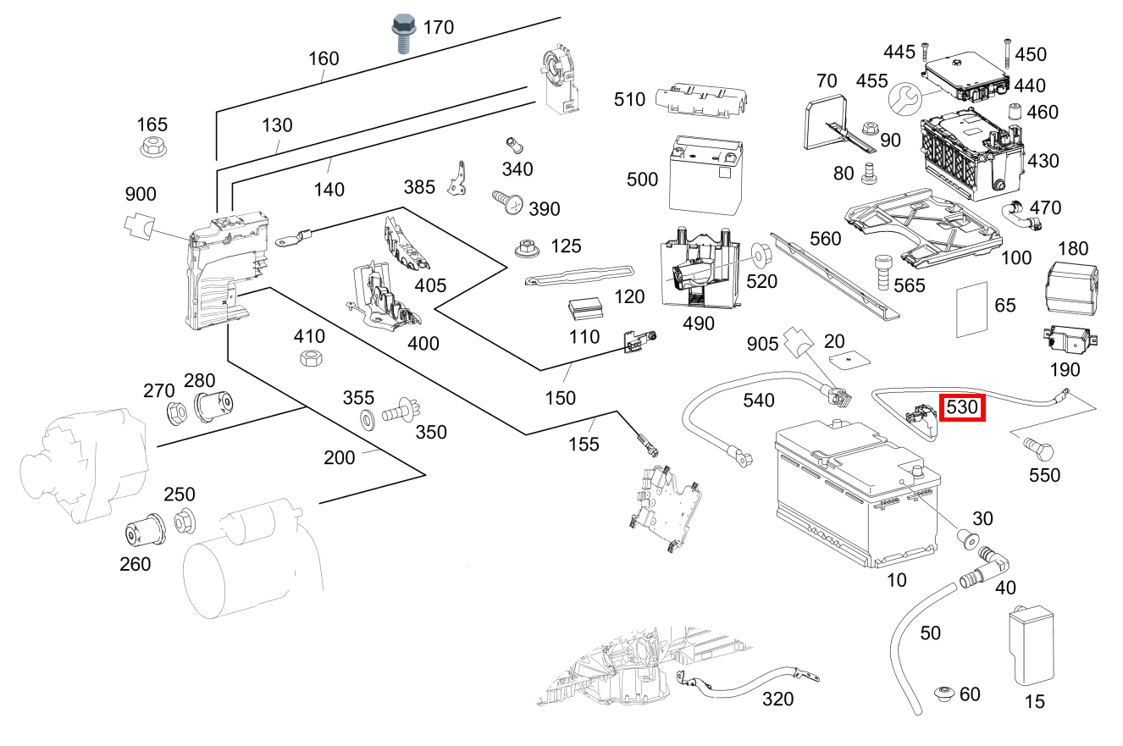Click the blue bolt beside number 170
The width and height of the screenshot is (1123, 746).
404,33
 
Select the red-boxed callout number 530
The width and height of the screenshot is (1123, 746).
961,407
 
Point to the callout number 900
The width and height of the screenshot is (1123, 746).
141,194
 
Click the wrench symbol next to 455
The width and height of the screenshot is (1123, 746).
904,99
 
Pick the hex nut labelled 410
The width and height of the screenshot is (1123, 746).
311,358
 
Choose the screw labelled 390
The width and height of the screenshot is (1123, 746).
507,202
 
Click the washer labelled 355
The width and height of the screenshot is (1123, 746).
368,420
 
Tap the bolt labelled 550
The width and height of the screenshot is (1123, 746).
1038,448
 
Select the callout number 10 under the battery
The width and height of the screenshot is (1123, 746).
896,580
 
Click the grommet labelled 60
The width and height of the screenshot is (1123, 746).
945,694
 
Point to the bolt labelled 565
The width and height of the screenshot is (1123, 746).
883,272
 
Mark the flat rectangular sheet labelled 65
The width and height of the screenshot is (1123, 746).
971,309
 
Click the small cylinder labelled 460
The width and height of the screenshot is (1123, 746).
1015,111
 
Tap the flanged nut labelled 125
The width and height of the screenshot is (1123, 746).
527,248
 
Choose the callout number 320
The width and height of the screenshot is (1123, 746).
777,699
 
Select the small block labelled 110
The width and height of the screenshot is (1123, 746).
585,309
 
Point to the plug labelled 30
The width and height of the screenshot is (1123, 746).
967,539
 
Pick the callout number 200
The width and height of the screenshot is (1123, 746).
339,458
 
